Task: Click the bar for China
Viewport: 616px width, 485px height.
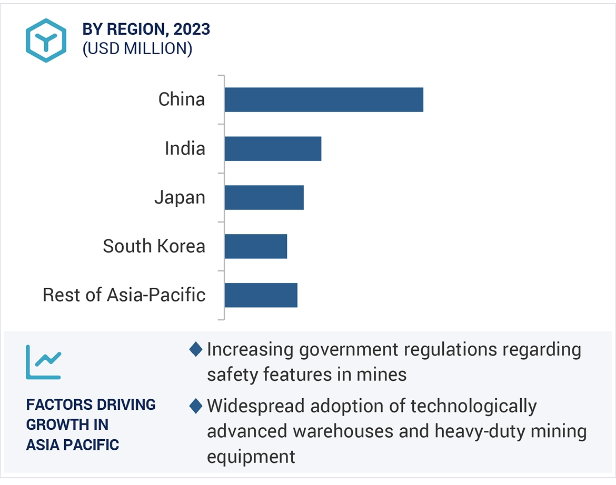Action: (324, 99)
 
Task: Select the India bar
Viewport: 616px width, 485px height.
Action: (273, 148)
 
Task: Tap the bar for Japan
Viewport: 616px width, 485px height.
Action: (264, 197)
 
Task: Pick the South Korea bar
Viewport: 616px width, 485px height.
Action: (255, 246)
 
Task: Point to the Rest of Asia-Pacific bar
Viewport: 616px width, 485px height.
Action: (261, 295)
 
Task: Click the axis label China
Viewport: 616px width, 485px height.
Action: (182, 99)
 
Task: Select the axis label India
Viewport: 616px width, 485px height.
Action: (185, 148)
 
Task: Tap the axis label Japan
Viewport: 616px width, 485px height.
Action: (180, 198)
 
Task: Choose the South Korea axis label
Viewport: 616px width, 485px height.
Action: (154, 246)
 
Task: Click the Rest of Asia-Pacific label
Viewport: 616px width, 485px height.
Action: (124, 295)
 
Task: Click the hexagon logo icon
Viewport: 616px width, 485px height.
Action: (46, 41)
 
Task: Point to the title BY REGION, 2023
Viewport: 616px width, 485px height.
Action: (146, 29)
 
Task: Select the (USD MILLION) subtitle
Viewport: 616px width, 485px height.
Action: (137, 49)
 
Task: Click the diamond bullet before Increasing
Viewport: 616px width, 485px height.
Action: (196, 349)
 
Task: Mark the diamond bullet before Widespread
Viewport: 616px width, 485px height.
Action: (196, 406)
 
